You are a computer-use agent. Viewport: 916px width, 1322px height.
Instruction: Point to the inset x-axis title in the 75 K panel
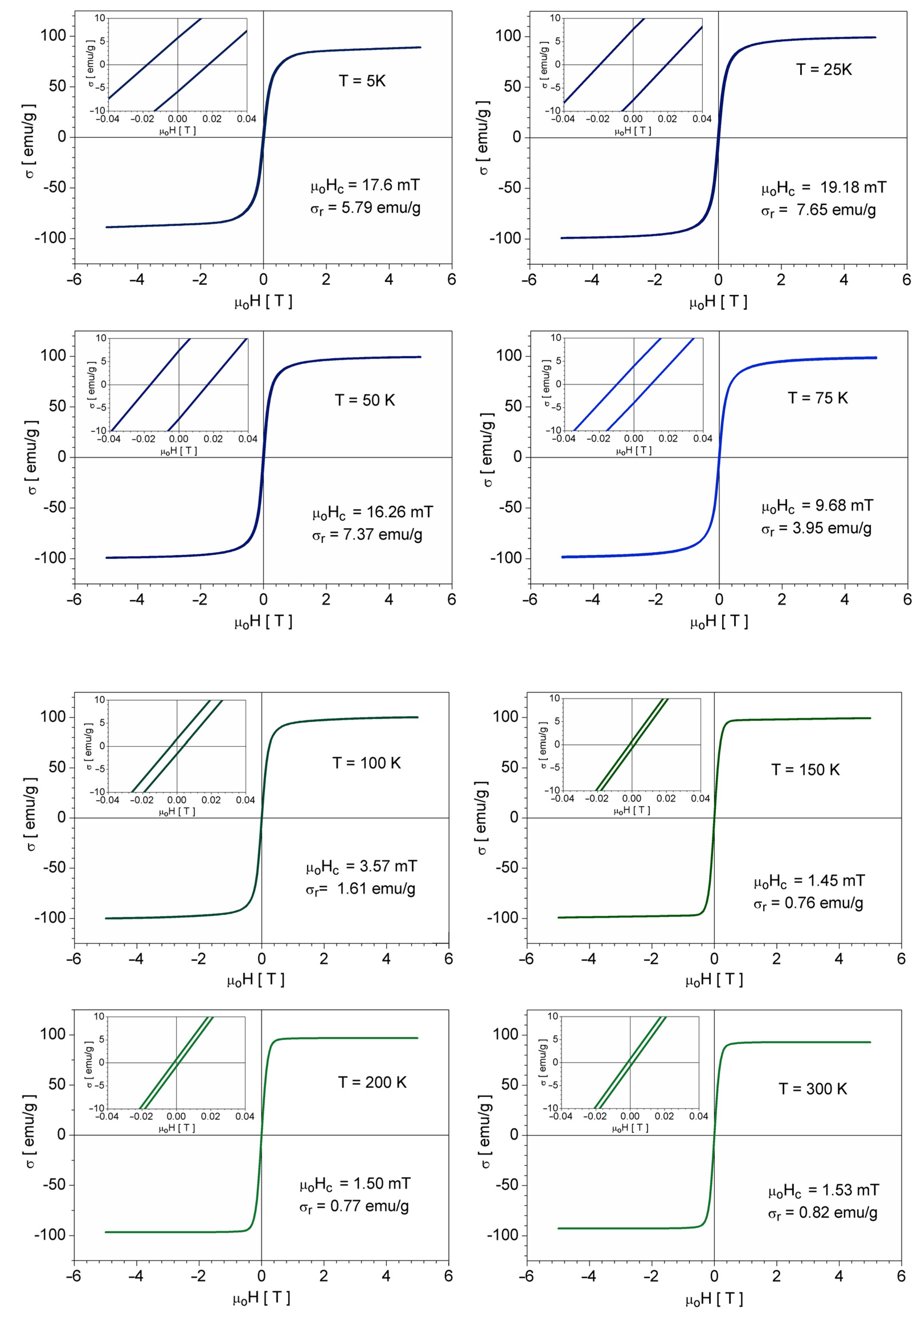click(x=634, y=451)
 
